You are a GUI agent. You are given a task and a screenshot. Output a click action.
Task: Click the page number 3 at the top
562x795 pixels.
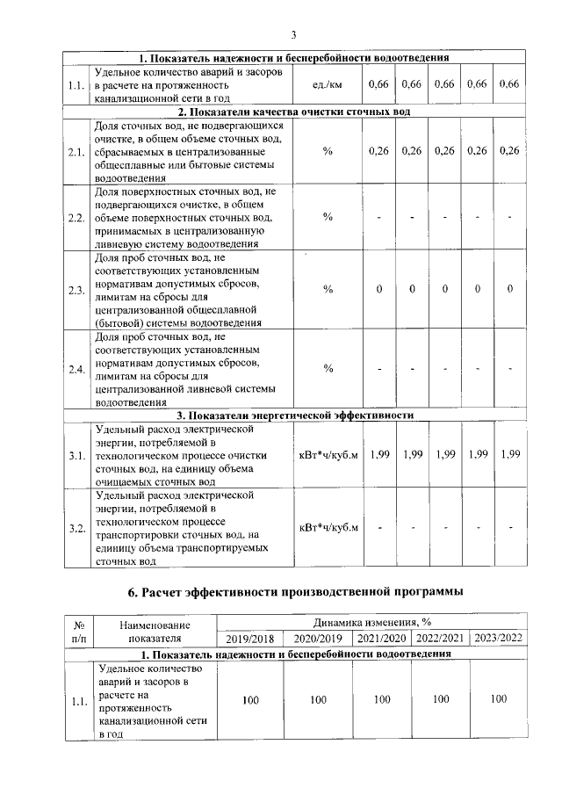[294, 35]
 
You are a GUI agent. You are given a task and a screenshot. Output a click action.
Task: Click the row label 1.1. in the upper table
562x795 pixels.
[76, 86]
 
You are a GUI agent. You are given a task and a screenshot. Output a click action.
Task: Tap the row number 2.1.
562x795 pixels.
[76, 151]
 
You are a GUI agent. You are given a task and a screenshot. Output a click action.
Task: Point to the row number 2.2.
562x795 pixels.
[76, 217]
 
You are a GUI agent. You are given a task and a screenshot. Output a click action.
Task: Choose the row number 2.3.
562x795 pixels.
[76, 290]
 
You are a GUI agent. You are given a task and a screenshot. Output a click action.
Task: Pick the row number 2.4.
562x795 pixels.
[76, 368]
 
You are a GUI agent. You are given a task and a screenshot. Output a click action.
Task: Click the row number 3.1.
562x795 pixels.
[76, 455]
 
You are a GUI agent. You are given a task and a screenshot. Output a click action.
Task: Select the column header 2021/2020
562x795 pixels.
[382, 638]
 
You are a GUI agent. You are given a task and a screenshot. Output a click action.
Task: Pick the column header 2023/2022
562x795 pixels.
[499, 638]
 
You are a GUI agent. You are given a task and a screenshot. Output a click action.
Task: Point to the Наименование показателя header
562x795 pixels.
[154, 630]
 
